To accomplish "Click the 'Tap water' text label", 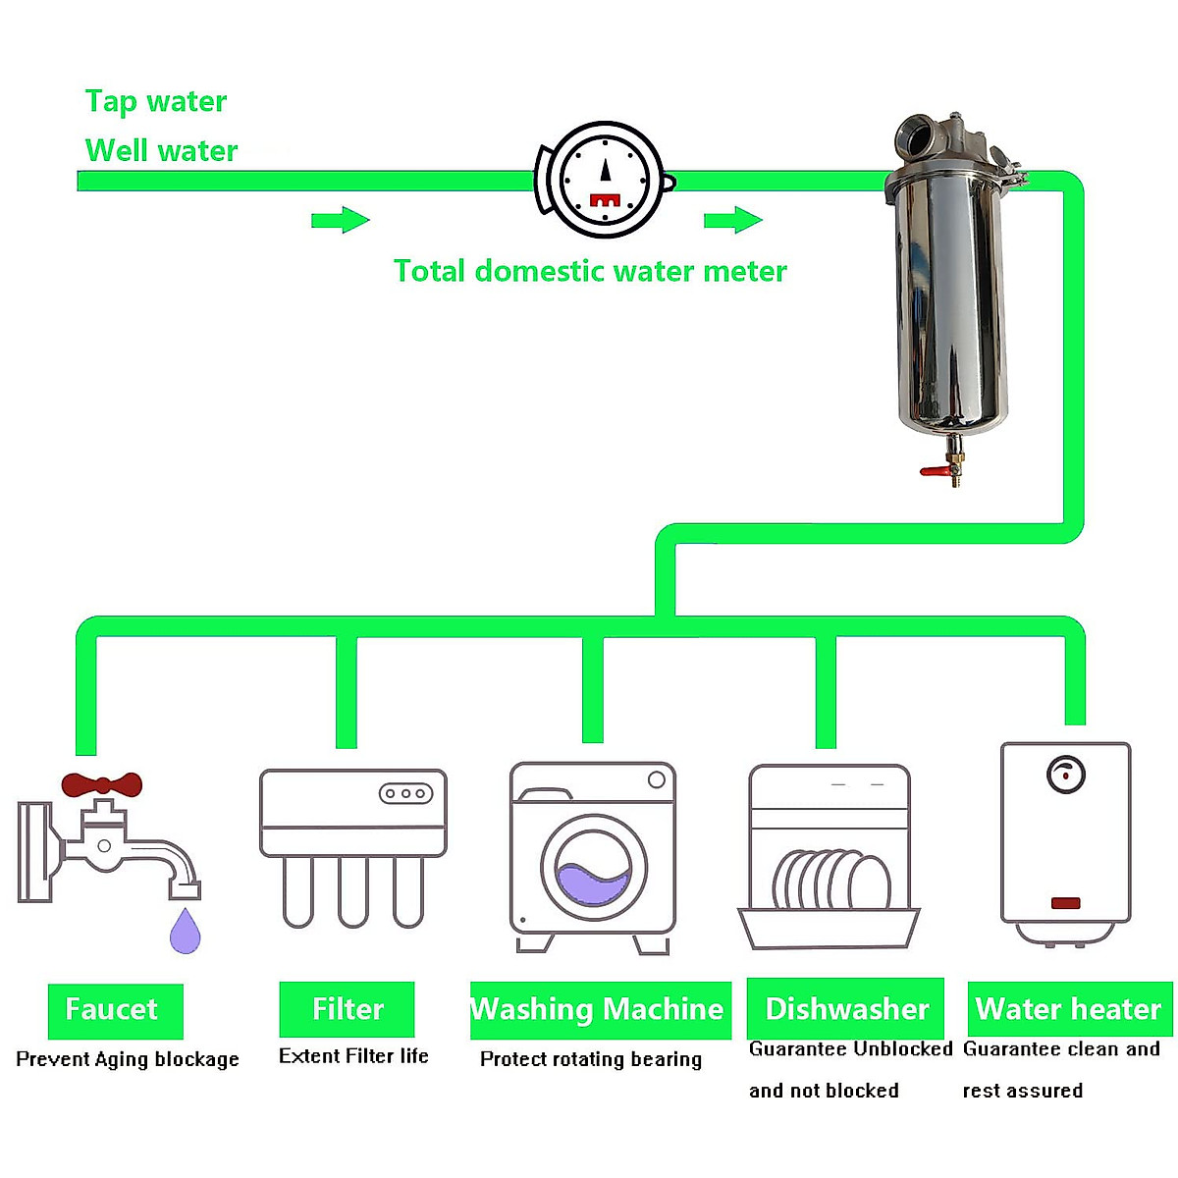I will [155, 101].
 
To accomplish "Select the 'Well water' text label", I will [161, 150].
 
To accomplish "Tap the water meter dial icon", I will [605, 180].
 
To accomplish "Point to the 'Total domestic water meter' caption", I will [590, 271].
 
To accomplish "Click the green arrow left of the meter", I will [340, 220].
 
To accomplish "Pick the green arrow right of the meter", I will [732, 220].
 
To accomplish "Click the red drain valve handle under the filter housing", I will [937, 472].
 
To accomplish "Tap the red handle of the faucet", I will [101, 784].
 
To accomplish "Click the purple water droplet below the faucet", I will [185, 932].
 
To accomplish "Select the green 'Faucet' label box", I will [115, 1010].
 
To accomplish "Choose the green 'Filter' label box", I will [347, 1009].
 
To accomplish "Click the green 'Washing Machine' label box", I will [600, 1009].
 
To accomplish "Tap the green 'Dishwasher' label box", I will [845, 1008].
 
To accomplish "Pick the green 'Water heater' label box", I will [1069, 1008].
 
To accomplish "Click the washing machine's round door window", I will [594, 868].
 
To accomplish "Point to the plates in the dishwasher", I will [830, 881].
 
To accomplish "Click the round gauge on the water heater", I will [1065, 775].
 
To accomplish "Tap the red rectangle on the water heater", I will [1065, 903].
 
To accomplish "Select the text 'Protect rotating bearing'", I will [591, 1059].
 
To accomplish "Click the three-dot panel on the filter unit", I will [405, 793].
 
